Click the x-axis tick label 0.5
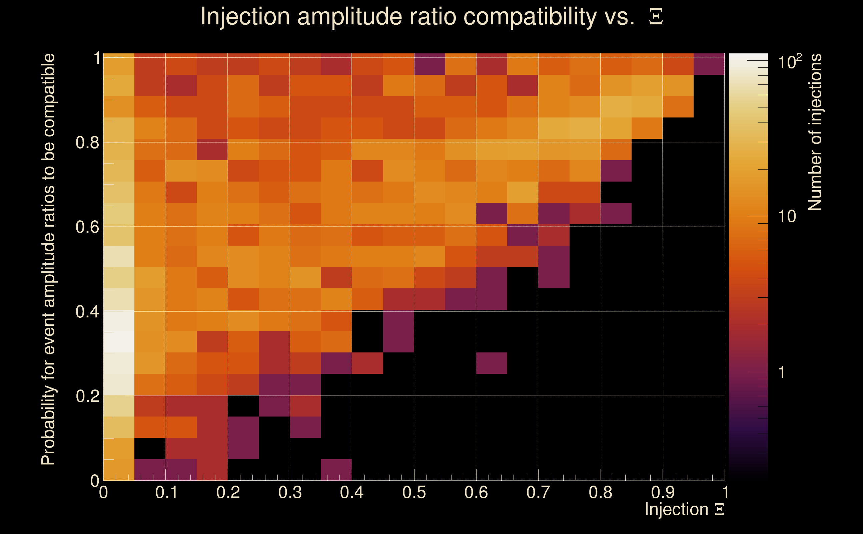(x=414, y=492)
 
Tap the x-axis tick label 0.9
(x=662, y=492)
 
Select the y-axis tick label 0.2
(x=87, y=396)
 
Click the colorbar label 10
(x=787, y=216)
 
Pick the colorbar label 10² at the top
(x=790, y=62)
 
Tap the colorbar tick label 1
(x=782, y=372)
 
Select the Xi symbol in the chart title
(x=656, y=17)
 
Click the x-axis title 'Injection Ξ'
(x=685, y=509)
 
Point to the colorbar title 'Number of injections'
(x=815, y=132)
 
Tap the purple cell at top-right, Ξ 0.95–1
(x=709, y=64)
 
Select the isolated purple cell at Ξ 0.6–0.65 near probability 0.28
(x=492, y=363)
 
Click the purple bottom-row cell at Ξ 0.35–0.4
(x=336, y=470)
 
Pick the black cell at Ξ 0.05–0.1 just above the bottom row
(x=150, y=449)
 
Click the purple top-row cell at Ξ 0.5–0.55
(x=429, y=64)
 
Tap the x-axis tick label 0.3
(x=290, y=492)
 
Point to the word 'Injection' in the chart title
(x=245, y=17)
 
